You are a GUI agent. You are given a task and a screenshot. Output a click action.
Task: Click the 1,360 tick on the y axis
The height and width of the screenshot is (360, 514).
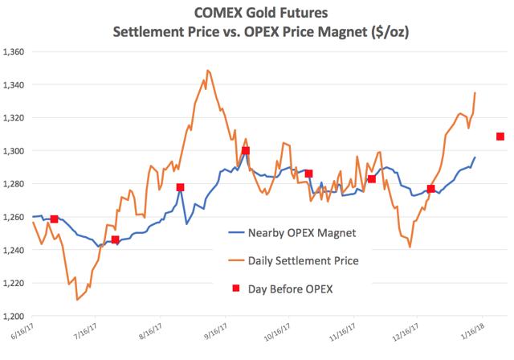click(x=14, y=51)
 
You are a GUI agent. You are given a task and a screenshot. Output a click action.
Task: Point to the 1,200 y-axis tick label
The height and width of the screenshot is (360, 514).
click(x=14, y=317)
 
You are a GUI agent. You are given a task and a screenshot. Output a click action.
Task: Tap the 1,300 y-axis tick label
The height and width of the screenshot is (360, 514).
click(x=14, y=151)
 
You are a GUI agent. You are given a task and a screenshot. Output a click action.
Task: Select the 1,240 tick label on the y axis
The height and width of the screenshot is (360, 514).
click(x=14, y=250)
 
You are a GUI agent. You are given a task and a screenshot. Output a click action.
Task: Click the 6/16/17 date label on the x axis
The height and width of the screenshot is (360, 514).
click(x=22, y=332)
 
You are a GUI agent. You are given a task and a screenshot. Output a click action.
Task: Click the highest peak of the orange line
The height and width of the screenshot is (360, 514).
click(x=207, y=70)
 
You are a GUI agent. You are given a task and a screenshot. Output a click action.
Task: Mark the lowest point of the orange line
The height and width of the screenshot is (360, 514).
click(x=77, y=300)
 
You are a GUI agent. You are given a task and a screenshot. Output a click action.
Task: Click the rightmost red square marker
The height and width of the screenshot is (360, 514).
click(x=500, y=137)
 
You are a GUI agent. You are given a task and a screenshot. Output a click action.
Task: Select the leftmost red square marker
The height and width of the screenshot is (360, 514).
click(x=54, y=219)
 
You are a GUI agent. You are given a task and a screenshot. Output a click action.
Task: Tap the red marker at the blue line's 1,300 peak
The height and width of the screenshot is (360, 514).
click(x=245, y=150)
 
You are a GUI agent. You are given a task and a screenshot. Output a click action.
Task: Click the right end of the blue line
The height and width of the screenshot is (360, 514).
click(x=475, y=157)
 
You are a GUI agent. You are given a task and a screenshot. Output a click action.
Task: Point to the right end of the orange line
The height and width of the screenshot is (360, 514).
click(x=475, y=92)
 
